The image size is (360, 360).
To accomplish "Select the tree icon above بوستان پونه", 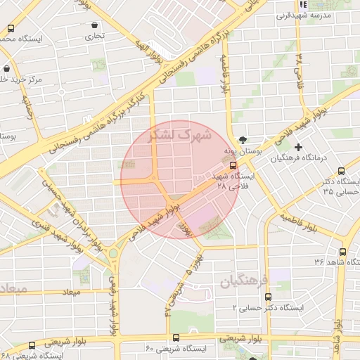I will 243,139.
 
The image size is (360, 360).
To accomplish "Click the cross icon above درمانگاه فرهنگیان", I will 299,147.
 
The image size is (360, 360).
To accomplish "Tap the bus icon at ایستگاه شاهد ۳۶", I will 342,252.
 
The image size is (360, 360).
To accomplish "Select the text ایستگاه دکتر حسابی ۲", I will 268,308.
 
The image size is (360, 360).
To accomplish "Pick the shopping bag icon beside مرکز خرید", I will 6,69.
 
